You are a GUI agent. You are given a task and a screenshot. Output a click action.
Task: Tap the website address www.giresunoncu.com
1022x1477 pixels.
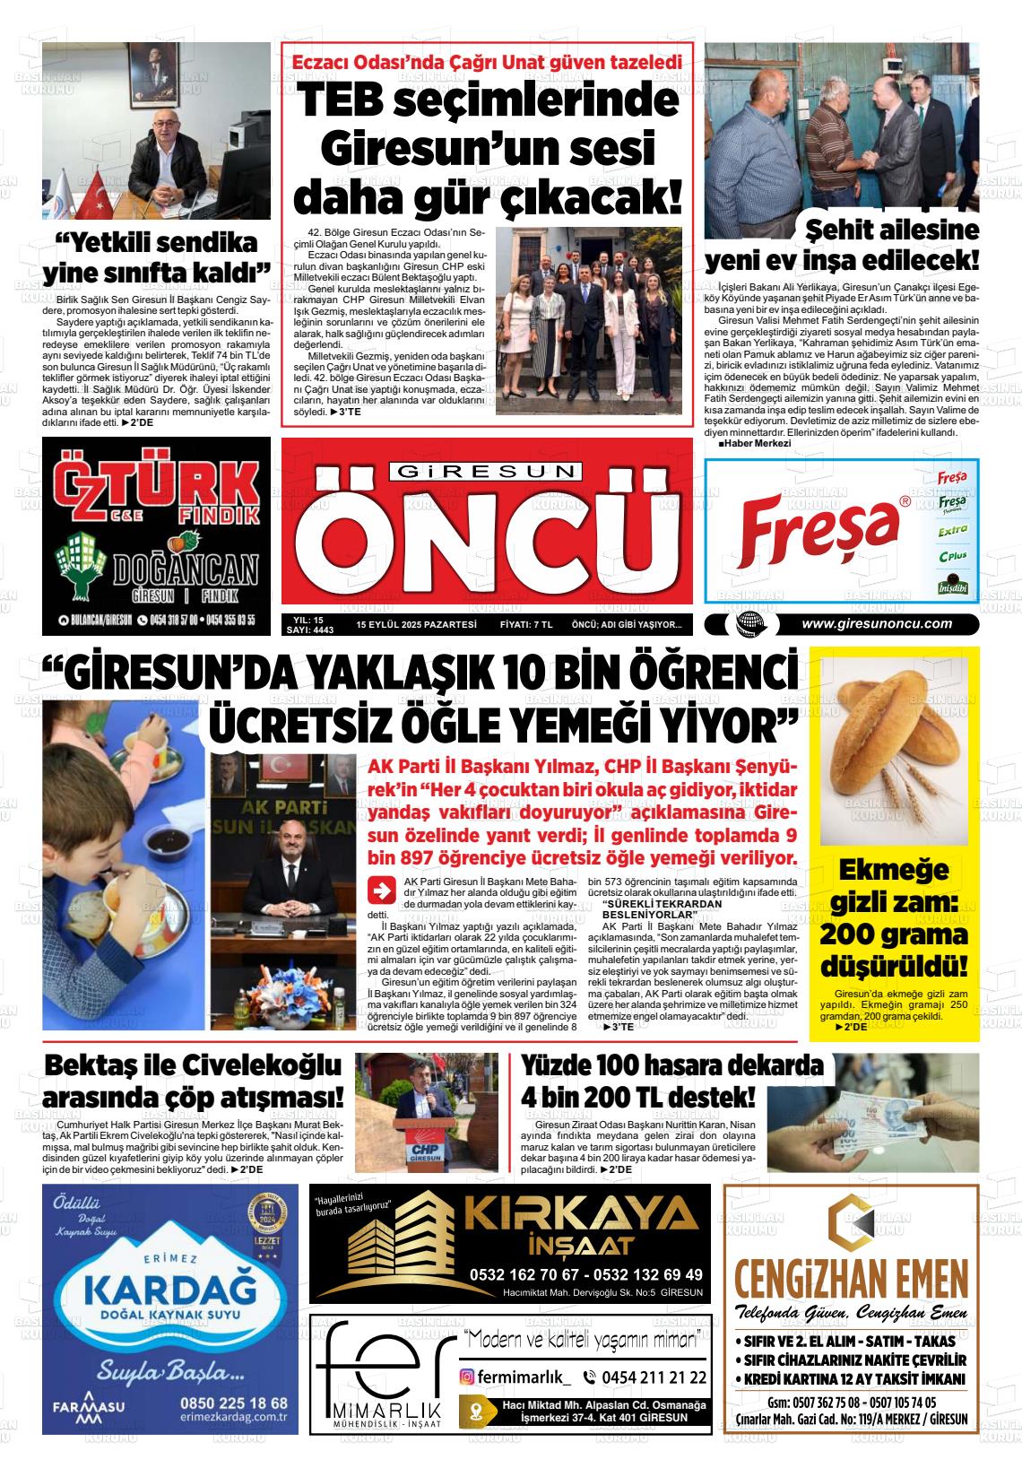click(x=876, y=625)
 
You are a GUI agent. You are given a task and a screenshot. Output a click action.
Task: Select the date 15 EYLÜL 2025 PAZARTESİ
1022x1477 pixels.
click(x=415, y=625)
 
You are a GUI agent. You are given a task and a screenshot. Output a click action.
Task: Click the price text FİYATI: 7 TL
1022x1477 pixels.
click(x=525, y=625)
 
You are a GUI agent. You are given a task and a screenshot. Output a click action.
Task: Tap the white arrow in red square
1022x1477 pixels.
click(x=381, y=891)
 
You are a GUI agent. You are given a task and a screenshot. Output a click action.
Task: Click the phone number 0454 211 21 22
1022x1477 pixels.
click(x=644, y=1377)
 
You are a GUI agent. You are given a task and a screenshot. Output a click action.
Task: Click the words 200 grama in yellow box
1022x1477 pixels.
click(x=893, y=935)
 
